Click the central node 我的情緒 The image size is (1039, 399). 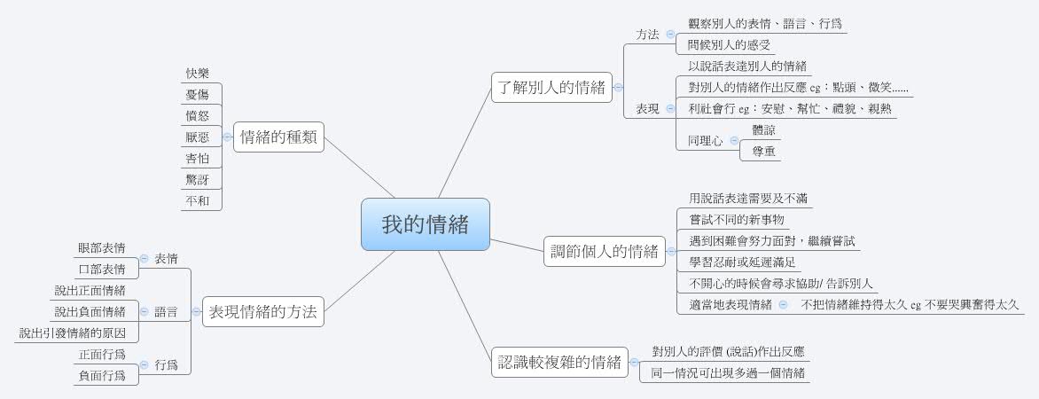click(426, 224)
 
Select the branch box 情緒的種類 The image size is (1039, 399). click(279, 137)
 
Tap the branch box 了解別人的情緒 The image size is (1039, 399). click(551, 88)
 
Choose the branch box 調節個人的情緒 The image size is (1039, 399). click(605, 251)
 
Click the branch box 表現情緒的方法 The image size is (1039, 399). click(263, 311)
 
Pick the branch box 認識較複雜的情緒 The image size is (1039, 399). click(560, 363)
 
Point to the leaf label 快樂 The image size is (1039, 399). click(198, 73)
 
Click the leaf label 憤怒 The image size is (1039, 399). click(198, 115)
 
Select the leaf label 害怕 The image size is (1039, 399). click(198, 158)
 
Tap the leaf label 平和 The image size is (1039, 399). click(198, 200)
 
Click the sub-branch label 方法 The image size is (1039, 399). click(647, 35)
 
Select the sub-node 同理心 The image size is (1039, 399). click(705, 140)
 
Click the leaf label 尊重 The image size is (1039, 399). click(763, 152)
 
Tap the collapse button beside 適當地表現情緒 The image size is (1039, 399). click(783, 305)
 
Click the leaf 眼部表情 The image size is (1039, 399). click(101, 248)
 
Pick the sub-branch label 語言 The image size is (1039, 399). click(167, 311)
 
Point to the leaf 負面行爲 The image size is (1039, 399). click(101, 376)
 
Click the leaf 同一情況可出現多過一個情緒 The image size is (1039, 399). click(728, 374)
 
